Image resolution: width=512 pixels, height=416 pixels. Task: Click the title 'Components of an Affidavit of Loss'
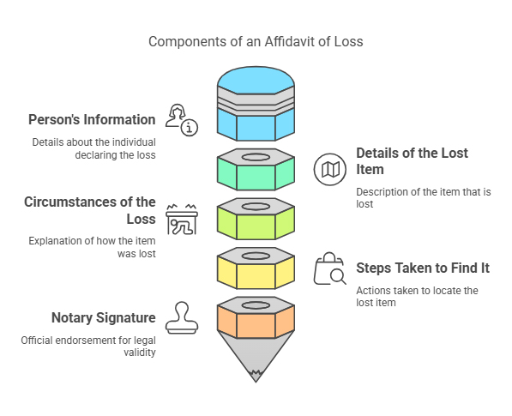point(256,41)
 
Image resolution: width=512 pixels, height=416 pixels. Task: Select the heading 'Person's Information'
point(92,119)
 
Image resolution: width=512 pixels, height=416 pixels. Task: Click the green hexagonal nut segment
point(256,169)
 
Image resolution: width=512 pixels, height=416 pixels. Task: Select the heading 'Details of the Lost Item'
point(412,161)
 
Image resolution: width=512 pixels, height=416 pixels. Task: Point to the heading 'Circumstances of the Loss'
point(90,210)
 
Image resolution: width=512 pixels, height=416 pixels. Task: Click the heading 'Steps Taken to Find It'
point(423,268)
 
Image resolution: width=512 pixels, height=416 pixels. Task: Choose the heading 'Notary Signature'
point(102,318)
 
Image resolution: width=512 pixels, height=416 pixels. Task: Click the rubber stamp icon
point(182,317)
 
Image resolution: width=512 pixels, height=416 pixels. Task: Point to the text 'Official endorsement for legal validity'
point(88,346)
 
